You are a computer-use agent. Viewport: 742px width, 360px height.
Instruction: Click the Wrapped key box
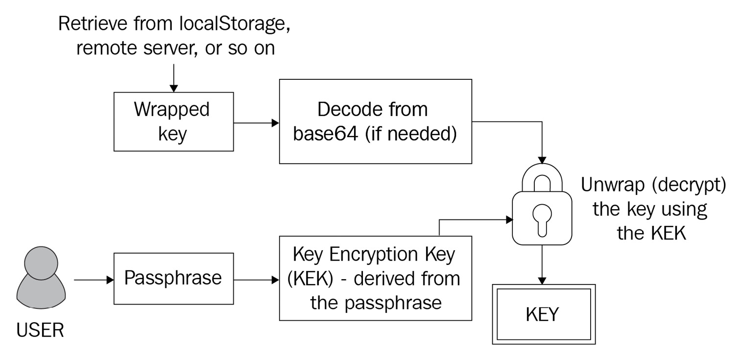[x=174, y=122]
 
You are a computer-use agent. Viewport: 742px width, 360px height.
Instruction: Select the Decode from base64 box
[x=375, y=121]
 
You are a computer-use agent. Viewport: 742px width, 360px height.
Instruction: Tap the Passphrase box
[x=174, y=279]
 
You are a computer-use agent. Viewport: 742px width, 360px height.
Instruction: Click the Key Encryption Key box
[x=375, y=278]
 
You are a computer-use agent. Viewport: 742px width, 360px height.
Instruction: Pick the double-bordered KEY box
[x=542, y=314]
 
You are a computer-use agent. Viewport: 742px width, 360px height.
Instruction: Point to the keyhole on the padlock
[x=542, y=216]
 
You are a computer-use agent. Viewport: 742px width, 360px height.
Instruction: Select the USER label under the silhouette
[x=40, y=331]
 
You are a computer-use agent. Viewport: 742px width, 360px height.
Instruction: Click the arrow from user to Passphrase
[x=93, y=280]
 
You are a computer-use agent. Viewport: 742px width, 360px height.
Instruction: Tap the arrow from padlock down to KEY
[x=542, y=264]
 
